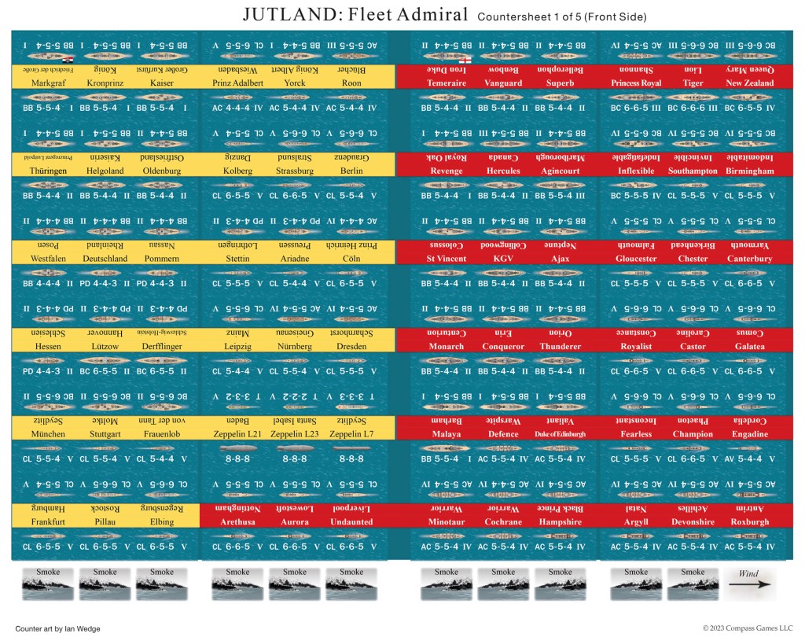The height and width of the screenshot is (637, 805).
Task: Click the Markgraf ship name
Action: point(48,83)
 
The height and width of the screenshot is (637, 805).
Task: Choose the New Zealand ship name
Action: point(749,83)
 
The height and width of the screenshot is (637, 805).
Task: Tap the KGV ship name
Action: point(503,258)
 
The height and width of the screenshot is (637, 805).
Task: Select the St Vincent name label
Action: point(446,258)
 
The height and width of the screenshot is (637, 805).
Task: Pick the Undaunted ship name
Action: point(351,521)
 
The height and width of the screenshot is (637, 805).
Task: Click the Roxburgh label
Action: point(749,521)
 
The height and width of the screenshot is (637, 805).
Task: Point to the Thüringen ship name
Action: point(48,171)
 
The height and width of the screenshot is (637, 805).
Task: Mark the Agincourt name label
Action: point(560,171)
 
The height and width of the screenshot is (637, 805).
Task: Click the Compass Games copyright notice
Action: point(749,628)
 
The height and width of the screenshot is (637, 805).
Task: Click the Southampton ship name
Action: point(693,171)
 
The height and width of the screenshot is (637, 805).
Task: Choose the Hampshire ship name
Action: point(560,521)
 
